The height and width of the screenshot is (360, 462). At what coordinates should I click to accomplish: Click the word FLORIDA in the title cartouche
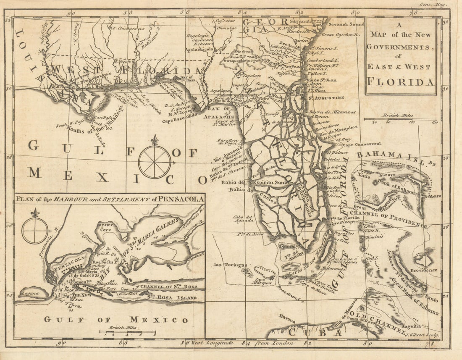point(401,81)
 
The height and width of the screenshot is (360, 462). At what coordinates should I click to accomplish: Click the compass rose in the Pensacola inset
point(35,230)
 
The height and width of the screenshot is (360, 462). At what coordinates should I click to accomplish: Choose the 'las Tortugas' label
point(223,264)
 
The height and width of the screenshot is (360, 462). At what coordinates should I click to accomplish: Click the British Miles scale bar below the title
point(400,120)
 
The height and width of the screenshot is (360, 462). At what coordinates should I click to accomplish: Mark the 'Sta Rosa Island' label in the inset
point(172,298)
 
